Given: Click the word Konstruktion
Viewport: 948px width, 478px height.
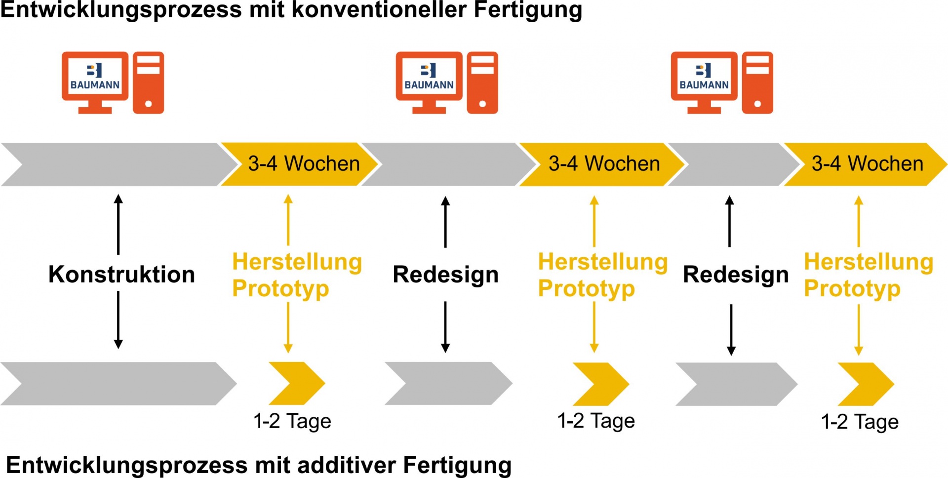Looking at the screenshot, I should click(121, 275).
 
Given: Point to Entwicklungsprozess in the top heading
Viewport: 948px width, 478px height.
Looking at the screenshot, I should click(121, 10).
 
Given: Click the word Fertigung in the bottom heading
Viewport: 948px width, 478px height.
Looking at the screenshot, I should click(457, 465).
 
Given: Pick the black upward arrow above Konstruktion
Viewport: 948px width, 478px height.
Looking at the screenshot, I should click(118, 224).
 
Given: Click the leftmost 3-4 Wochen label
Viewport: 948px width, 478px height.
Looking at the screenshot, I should click(303, 164).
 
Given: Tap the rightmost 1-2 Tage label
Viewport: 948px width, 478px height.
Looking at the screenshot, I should click(860, 422).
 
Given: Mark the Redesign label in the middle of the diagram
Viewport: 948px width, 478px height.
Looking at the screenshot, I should click(445, 275).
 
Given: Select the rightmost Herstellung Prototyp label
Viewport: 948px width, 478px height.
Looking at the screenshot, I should click(869, 275).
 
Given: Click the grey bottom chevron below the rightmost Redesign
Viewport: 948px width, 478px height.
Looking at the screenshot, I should click(736, 384).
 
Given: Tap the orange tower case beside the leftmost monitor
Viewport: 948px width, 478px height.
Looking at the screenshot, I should click(148, 82).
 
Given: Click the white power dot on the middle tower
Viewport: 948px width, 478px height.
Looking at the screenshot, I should click(482, 104).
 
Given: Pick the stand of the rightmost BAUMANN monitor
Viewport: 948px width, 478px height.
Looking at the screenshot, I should click(704, 106).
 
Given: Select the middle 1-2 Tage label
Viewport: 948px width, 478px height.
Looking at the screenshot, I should click(596, 421).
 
